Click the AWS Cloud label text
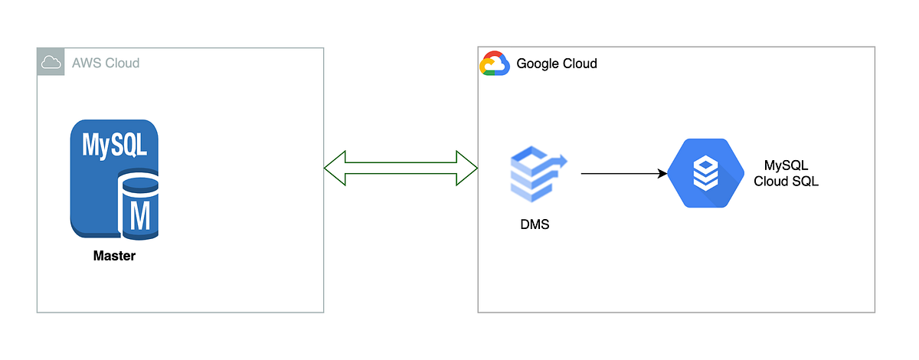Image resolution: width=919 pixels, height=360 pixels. click(x=106, y=63)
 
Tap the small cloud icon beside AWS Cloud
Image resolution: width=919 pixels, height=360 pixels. click(x=51, y=63)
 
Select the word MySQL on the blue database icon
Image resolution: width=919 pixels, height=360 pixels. click(x=115, y=144)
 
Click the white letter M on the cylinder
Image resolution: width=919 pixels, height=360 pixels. click(x=140, y=217)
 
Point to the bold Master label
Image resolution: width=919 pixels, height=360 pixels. click(x=114, y=256)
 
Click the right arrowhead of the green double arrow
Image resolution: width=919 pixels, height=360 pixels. click(x=468, y=168)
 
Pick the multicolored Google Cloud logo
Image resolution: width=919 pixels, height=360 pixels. click(x=495, y=64)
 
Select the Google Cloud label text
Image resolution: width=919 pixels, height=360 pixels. click(x=557, y=64)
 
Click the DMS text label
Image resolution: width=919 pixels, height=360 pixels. click(x=534, y=226)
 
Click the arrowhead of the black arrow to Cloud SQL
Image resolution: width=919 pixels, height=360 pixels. click(x=662, y=174)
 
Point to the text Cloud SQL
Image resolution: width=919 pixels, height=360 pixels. click(x=787, y=182)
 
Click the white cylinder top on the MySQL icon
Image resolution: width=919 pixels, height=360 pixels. click(x=140, y=184)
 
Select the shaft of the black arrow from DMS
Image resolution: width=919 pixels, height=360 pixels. click(x=620, y=174)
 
